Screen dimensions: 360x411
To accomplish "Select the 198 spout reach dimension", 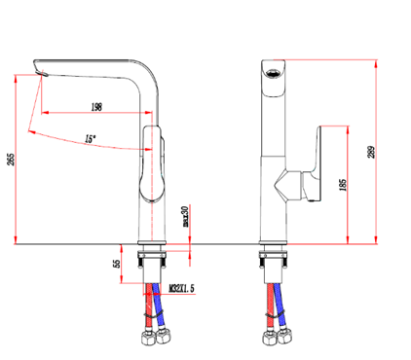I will coord(96,106).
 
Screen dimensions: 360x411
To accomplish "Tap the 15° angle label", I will coord(89,139).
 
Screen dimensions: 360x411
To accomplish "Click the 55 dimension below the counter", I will coord(118,262).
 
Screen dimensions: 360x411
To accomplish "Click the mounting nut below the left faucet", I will coord(151,261).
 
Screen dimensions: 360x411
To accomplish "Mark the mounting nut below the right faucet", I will coord(273,261).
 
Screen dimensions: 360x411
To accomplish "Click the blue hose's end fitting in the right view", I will coord(287,338).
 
